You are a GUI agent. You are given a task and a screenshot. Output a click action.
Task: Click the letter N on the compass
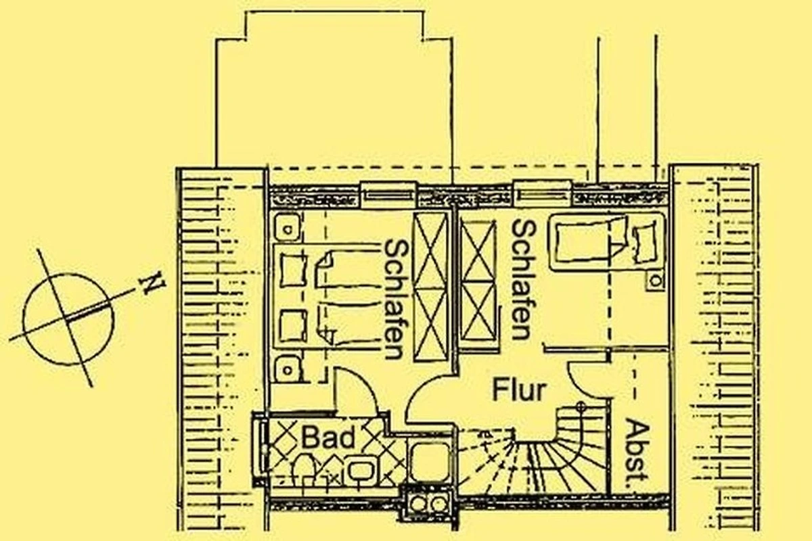tap(153, 283)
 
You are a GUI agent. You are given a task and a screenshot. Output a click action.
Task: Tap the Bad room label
tap(328, 438)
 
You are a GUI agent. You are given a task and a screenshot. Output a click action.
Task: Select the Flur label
tap(519, 390)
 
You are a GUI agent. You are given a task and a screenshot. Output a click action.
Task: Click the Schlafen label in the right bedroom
tap(522, 281)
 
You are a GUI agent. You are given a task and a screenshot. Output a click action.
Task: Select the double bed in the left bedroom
tap(328, 296)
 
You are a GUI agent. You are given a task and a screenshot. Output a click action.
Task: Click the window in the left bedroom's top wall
tap(388, 195)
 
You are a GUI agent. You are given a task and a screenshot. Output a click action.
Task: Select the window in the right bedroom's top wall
tap(543, 194)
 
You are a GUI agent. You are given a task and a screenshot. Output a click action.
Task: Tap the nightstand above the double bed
tap(288, 227)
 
